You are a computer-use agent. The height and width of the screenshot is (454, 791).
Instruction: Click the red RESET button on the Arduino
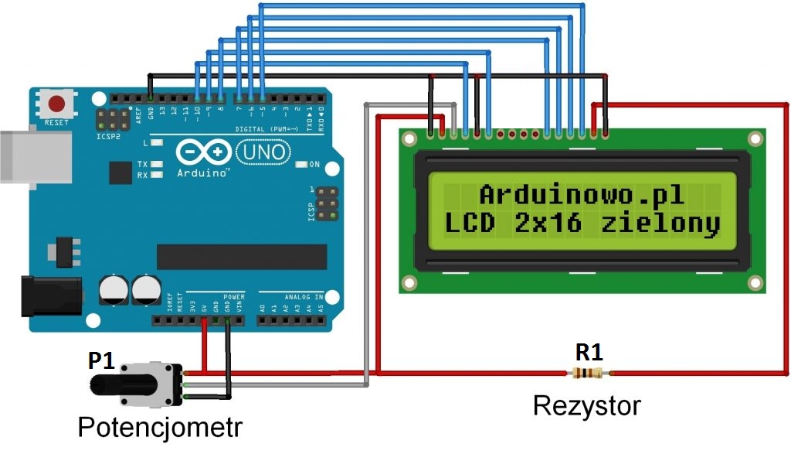coord(56,103)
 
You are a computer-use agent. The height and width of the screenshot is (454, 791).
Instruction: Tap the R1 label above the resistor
coord(589,353)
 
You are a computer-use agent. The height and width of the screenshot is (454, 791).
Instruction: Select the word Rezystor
coord(587,405)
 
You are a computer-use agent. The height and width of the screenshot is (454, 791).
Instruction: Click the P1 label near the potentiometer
coord(103,360)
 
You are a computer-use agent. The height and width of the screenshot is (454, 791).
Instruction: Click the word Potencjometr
coord(160,426)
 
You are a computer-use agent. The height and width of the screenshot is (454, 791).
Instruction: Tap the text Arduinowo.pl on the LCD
coord(582,194)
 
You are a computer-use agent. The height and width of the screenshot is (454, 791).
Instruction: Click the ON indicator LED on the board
coord(301,165)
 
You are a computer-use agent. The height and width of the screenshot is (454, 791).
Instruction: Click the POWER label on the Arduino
coord(233,295)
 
